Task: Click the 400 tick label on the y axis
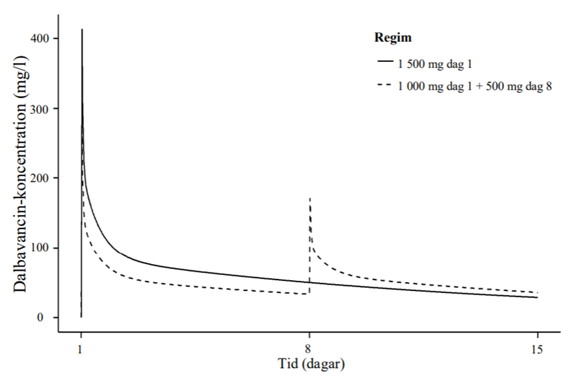(41, 39)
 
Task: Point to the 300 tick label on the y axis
(41, 108)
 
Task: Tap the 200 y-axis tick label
(41, 178)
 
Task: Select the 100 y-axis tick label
(41, 248)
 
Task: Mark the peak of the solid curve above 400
(82, 29)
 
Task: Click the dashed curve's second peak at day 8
(310, 198)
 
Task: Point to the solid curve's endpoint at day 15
(537, 297)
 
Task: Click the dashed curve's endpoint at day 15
(537, 293)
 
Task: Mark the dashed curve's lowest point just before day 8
(308, 294)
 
